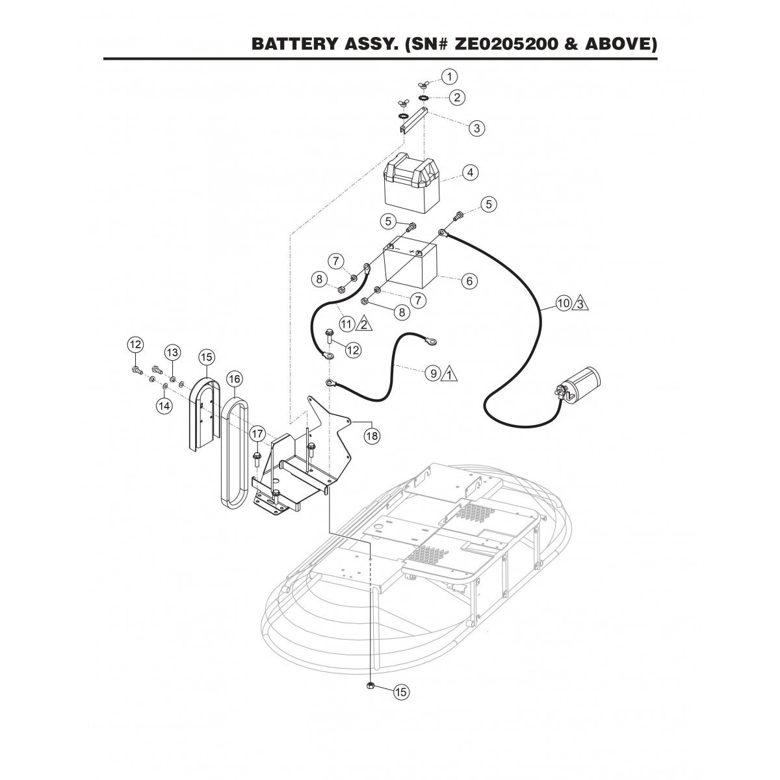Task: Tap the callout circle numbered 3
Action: [477, 128]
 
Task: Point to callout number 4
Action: [469, 173]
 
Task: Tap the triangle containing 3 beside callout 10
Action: [581, 303]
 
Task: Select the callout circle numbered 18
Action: [371, 436]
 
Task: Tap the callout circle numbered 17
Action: [257, 433]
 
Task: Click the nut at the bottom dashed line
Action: [370, 704]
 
